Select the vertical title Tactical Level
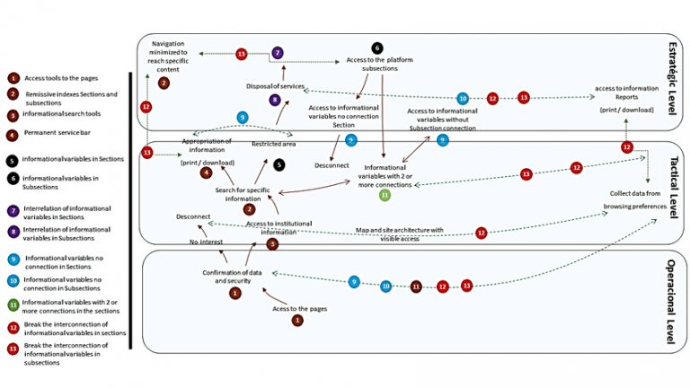pyautogui.click(x=673, y=190)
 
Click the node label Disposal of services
pyautogui.click(x=276, y=86)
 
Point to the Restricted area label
pyautogui.click(x=275, y=143)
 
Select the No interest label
pyautogui.click(x=206, y=242)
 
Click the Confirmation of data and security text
pyautogui.click(x=232, y=276)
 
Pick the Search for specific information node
pyautogui.click(x=244, y=194)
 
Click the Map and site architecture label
pyautogui.click(x=400, y=234)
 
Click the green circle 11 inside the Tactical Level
pyautogui.click(x=385, y=194)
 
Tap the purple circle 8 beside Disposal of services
pyautogui.click(x=276, y=100)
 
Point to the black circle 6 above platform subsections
pyautogui.click(x=377, y=48)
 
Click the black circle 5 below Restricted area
pyautogui.click(x=279, y=165)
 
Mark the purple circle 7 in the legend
pyautogui.click(x=13, y=211)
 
